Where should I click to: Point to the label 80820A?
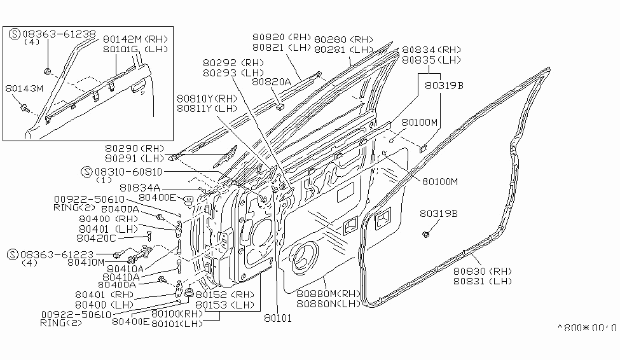(x=271, y=81)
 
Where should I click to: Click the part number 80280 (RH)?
(x=343, y=39)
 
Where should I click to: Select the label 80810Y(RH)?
(x=207, y=99)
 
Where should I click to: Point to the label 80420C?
(x=96, y=238)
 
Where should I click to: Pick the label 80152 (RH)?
(x=224, y=295)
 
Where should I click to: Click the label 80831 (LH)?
(x=483, y=280)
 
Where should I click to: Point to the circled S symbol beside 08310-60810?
(x=87, y=172)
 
